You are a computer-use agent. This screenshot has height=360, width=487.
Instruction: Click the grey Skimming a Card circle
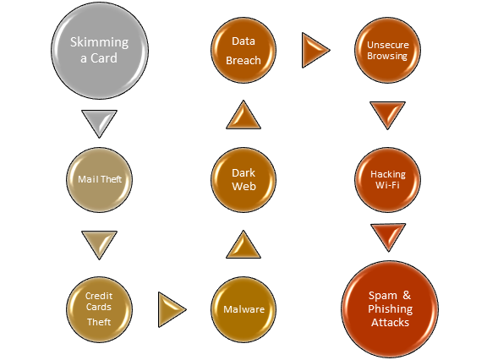[x=100, y=51]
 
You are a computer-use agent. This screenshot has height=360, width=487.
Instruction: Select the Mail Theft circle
[x=100, y=180]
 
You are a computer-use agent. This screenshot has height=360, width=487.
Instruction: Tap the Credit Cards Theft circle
[x=100, y=309]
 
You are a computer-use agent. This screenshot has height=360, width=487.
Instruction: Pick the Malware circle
[x=243, y=309]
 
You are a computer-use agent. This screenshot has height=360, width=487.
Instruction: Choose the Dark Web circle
[x=243, y=180]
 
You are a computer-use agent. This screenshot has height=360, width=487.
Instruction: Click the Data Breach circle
[x=243, y=50]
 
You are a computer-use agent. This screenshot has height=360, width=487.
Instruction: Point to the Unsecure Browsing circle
[x=387, y=50]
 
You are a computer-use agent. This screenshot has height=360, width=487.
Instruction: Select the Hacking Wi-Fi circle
[x=387, y=180]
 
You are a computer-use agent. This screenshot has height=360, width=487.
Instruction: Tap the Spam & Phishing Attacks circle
[x=390, y=309]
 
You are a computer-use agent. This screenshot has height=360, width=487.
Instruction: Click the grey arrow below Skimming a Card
[x=100, y=121]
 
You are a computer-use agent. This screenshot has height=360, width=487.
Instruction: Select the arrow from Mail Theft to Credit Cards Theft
[x=100, y=243]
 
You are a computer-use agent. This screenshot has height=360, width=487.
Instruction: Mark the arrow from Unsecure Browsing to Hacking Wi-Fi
[x=387, y=113]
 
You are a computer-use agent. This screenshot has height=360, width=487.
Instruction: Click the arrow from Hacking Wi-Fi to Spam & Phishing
[x=388, y=235]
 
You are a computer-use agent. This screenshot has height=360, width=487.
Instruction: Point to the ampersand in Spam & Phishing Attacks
[x=407, y=295]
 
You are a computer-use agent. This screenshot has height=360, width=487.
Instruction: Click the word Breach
[x=243, y=60]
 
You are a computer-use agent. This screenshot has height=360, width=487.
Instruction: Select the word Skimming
[x=100, y=42]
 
